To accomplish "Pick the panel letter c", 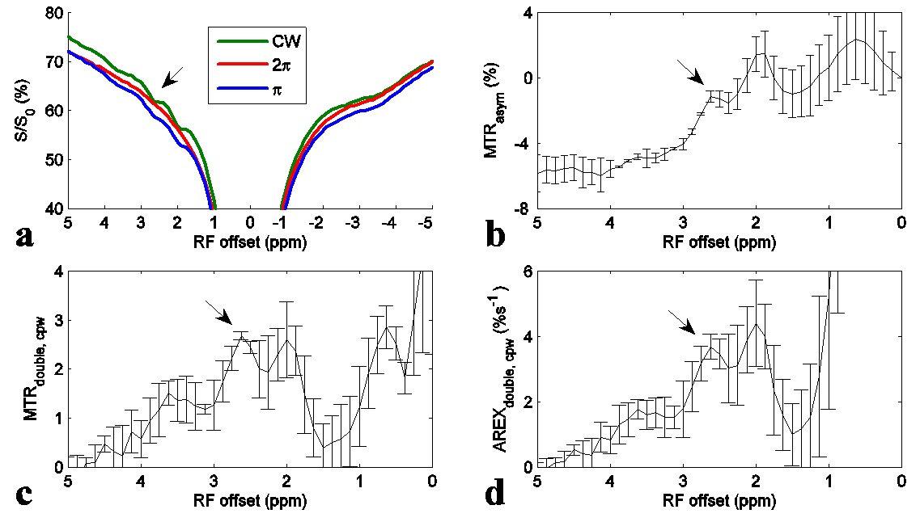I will [25, 494].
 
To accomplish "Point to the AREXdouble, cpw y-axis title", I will [495, 369].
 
